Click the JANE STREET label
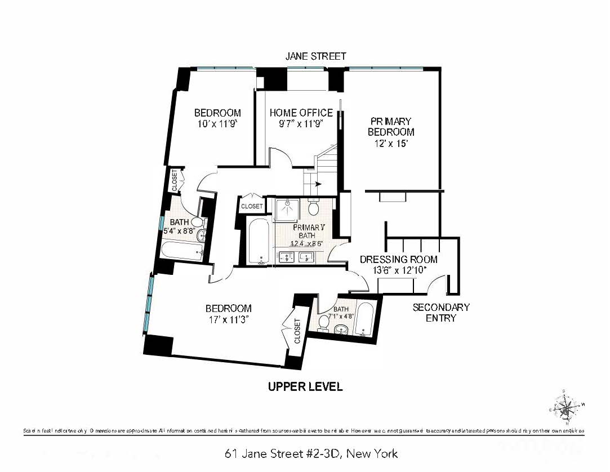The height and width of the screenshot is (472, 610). tap(315, 56)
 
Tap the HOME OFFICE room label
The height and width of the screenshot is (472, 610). tap(301, 113)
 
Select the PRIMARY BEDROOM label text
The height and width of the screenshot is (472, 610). tap(391, 127)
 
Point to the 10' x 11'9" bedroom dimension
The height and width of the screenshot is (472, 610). tap(217, 124)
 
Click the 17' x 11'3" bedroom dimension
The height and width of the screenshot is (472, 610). tap(228, 319)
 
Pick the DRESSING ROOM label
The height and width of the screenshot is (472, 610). tap(398, 259)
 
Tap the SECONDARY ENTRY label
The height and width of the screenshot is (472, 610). tap(441, 313)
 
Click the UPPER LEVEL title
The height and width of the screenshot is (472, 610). tap(305, 387)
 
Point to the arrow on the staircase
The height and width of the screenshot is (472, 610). tap(318, 184)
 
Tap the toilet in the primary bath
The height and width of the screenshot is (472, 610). tap(314, 209)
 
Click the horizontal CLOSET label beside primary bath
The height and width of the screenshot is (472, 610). tap(251, 206)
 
